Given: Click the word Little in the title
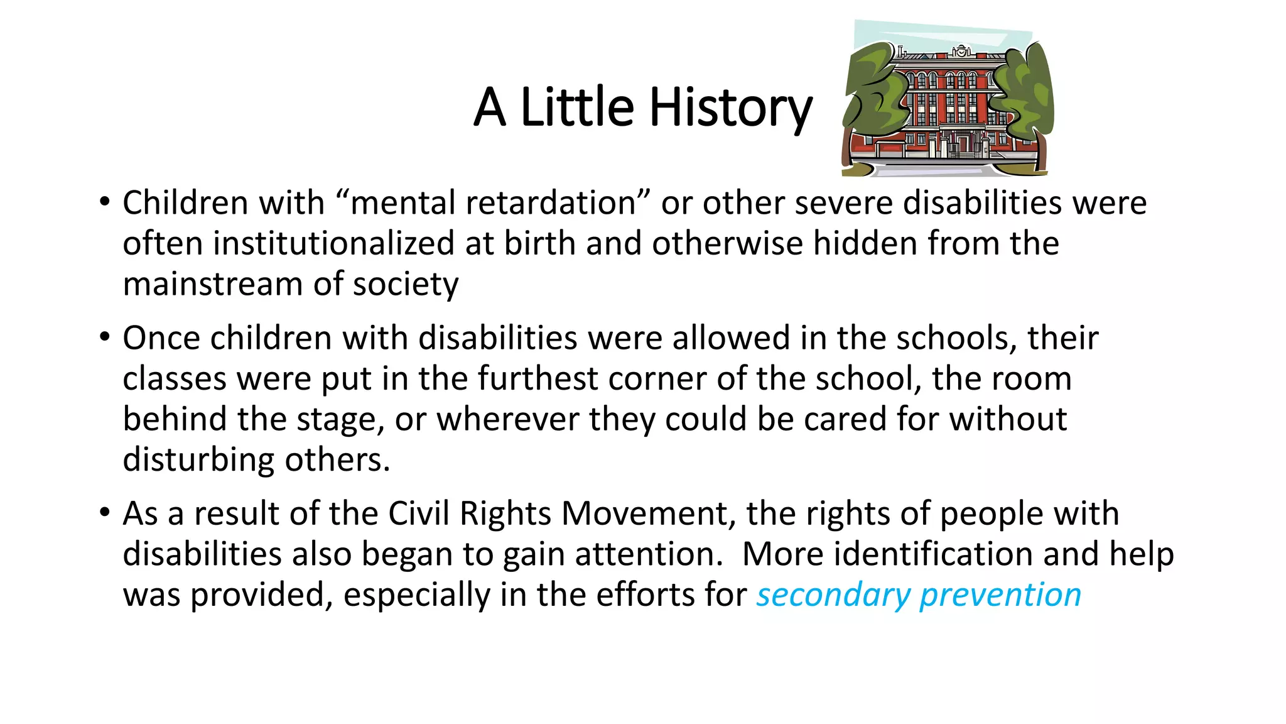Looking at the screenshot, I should [x=577, y=107].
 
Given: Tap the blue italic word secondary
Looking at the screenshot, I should [x=832, y=595].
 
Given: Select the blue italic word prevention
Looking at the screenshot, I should [x=1000, y=595].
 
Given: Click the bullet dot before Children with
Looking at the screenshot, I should [x=105, y=202].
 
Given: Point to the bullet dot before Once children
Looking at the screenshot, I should [x=105, y=337].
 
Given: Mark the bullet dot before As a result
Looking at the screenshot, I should [x=105, y=513].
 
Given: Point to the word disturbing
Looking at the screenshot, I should [x=198, y=460].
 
